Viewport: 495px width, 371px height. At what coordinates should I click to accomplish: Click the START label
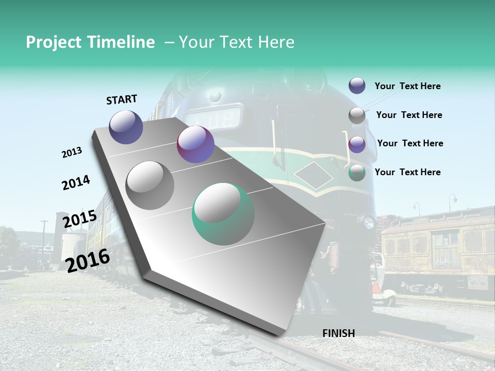122,99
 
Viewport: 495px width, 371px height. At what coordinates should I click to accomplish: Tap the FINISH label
338,333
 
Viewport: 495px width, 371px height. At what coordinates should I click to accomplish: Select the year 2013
72,153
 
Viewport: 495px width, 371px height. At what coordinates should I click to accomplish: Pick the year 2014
76,182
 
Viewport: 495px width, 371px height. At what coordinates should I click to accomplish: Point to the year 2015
79,219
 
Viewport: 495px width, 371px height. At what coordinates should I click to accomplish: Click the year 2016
88,260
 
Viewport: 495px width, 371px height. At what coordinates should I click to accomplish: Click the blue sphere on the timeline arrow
126,127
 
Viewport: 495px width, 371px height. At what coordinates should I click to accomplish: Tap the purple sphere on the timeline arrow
195,144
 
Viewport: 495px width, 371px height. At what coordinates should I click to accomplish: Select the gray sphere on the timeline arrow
150,185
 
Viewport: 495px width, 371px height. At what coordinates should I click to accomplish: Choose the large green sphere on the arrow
223,213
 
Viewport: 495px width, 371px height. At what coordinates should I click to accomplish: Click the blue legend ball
357,86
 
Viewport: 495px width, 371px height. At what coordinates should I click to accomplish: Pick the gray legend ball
357,115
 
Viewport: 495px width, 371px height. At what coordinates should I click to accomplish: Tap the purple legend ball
357,144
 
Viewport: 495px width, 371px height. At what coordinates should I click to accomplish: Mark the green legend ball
357,173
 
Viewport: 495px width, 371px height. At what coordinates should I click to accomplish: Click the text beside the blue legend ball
407,86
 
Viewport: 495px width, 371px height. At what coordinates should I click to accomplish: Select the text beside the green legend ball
407,172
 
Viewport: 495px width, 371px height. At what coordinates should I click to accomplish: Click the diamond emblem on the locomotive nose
313,175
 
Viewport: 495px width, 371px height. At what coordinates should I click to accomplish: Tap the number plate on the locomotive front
214,117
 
